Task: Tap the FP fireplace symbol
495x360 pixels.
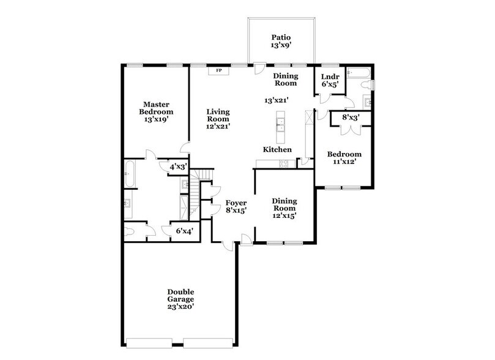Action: (x=218, y=71)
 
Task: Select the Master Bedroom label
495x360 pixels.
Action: (x=156, y=108)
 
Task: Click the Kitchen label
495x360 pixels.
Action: (x=277, y=149)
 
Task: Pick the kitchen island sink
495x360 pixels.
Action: (x=281, y=126)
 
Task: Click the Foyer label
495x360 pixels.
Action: (x=236, y=203)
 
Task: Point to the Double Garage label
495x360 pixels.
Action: (x=181, y=295)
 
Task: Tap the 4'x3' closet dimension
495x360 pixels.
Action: (x=178, y=166)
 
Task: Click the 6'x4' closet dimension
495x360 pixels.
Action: (x=184, y=231)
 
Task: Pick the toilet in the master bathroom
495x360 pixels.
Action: (x=131, y=231)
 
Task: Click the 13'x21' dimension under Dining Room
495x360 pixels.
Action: (x=276, y=100)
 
